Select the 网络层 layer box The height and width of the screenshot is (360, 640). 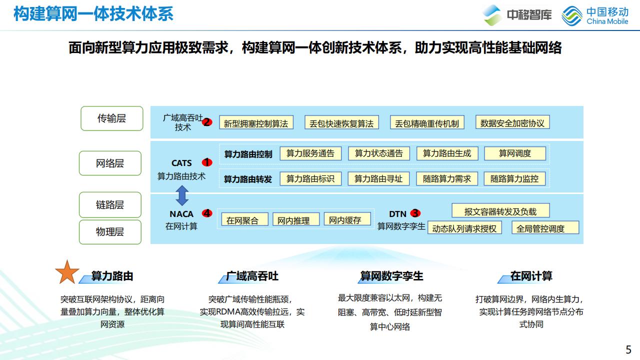point(110,163)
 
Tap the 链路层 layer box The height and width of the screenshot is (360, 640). point(110,204)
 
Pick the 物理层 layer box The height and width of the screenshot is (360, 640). point(110,231)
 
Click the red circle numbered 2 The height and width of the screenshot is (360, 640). point(207,122)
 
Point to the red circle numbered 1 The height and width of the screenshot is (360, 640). point(207,162)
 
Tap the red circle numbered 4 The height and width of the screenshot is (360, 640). point(207,213)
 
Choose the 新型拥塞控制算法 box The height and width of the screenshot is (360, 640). point(256,123)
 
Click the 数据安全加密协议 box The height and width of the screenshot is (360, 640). point(512,122)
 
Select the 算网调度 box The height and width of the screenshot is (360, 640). point(514,153)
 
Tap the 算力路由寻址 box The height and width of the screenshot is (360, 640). point(378,178)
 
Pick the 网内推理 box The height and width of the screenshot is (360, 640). point(293,220)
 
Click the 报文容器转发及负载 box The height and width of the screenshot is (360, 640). point(500,211)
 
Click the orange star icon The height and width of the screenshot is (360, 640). point(67,272)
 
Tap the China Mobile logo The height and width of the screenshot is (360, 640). point(594,15)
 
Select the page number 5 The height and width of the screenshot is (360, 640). point(628,349)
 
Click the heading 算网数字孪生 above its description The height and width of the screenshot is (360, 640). point(391,276)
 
